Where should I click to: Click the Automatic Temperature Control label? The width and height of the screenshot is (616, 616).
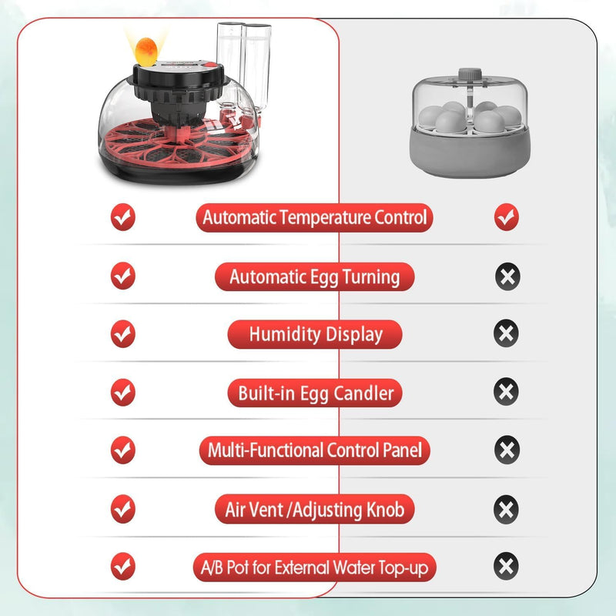pyautogui.click(x=314, y=217)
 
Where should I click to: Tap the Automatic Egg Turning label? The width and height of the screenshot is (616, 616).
pyautogui.click(x=314, y=276)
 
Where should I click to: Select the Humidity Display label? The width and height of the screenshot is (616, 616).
pyautogui.click(x=315, y=335)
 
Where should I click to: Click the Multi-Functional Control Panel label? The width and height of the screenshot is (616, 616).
pyautogui.click(x=315, y=450)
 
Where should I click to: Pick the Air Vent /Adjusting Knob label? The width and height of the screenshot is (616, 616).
pyautogui.click(x=315, y=509)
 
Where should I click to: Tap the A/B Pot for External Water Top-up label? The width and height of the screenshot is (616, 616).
pyautogui.click(x=314, y=568)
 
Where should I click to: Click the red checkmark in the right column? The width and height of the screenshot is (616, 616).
pyautogui.click(x=506, y=218)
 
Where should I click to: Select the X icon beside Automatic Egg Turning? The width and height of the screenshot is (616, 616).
pyautogui.click(x=506, y=276)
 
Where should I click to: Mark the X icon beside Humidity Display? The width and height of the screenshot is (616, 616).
pyautogui.click(x=506, y=334)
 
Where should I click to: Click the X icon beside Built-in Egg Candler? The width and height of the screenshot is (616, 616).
pyautogui.click(x=506, y=392)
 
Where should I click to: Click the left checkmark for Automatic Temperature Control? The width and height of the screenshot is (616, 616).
pyautogui.click(x=122, y=218)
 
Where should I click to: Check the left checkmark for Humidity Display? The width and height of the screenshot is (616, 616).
pyautogui.click(x=122, y=334)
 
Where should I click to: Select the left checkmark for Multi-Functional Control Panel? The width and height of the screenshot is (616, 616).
pyautogui.click(x=122, y=450)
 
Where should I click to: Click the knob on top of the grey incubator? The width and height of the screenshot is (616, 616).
pyautogui.click(x=466, y=76)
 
